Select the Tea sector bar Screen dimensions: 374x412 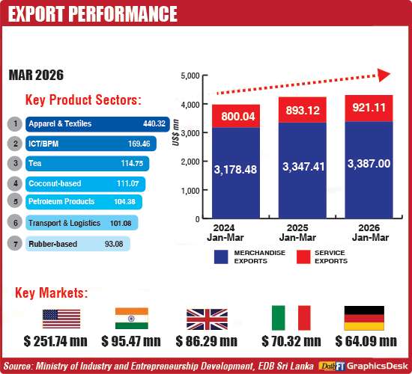[87, 163]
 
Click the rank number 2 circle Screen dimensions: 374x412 [13, 144]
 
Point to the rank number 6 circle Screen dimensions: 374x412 [13, 222]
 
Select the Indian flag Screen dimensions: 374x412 [130, 318]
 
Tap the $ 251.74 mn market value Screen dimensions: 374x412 [57, 342]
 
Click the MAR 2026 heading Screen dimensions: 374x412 [37, 76]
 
